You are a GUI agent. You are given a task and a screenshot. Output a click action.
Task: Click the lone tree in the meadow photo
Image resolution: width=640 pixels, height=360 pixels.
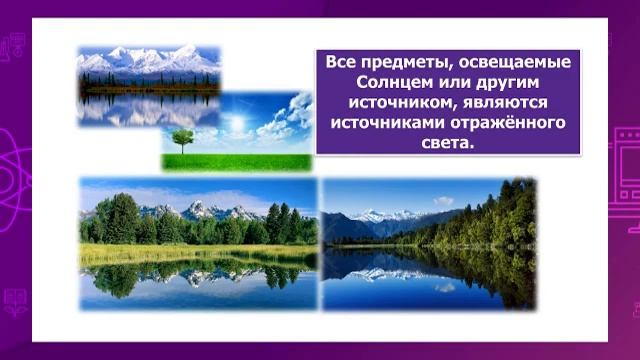click(182, 139)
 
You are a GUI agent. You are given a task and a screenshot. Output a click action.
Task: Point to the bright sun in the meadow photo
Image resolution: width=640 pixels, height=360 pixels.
click(237, 124)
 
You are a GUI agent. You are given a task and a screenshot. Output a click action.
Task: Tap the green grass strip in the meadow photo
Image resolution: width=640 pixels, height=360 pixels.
click(240, 162)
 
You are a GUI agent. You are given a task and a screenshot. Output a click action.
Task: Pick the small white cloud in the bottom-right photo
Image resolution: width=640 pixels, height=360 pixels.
click(443, 201)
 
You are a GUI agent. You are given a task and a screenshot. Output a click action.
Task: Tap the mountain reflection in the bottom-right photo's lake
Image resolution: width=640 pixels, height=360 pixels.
click(385, 273)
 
